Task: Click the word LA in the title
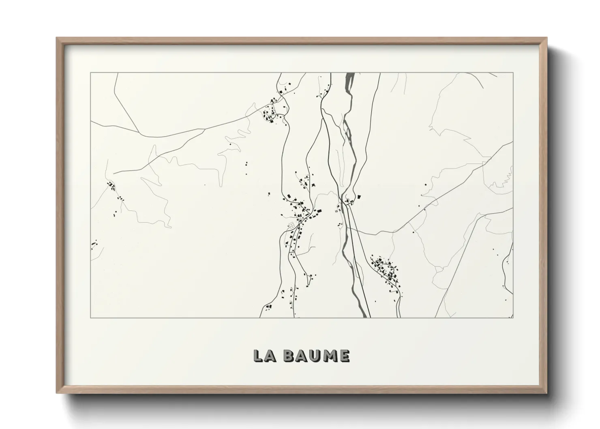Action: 265,356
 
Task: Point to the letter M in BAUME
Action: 329,356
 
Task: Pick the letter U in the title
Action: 315,356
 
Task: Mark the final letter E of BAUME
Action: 344,356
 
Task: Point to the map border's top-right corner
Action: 513,73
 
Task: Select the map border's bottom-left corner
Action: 91,318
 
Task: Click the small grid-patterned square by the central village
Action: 291,225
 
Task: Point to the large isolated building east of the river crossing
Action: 359,197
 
